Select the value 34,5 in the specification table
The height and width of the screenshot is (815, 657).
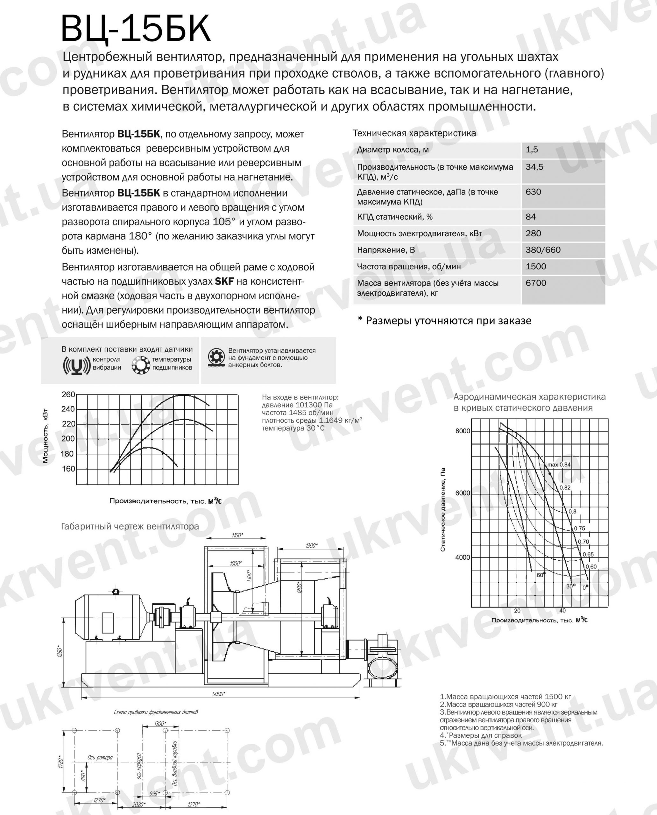tap(534, 167)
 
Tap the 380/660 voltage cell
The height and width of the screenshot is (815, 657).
tap(543, 250)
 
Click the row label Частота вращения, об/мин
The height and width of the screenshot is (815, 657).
tap(409, 266)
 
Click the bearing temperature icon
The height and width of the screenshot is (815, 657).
tap(141, 365)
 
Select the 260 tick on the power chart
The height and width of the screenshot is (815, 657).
tap(68, 395)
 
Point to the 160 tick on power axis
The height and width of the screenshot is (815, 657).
tap(68, 469)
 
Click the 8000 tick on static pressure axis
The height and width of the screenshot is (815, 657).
tap(463, 431)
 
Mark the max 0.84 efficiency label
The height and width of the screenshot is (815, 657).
tap(559, 464)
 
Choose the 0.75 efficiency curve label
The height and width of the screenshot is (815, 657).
tap(579, 528)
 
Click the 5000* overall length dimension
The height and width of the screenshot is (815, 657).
tap(218, 694)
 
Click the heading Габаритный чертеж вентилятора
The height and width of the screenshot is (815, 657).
tap(130, 526)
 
